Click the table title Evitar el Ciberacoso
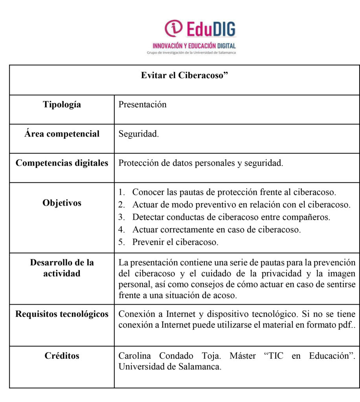[184, 75]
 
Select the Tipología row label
[62, 104]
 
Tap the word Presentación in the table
[142, 104]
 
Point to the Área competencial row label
[62, 134]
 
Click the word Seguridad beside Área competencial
[139, 134]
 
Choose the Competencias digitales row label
[62, 163]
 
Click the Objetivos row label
[62, 203]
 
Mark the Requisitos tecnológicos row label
[62, 314]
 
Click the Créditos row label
[62, 356]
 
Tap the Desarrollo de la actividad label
[62, 268]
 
